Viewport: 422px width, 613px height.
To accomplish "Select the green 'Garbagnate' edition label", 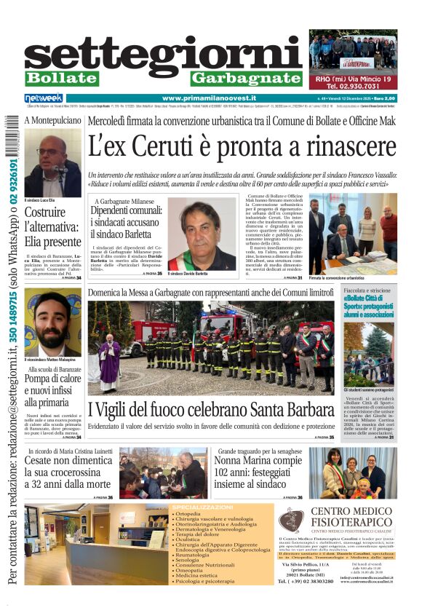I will tap(245, 78).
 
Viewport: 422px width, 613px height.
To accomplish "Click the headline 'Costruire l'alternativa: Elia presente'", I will tap(52, 227).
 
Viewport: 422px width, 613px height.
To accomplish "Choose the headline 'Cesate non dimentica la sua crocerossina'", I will tap(68, 472).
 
